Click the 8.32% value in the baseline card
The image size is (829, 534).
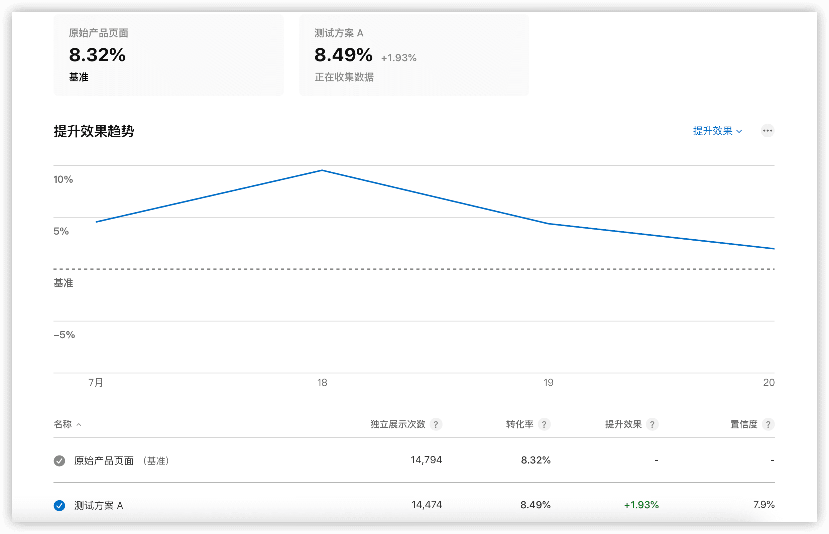[97, 55]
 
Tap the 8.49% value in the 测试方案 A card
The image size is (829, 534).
[343, 55]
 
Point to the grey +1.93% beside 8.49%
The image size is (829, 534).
[398, 57]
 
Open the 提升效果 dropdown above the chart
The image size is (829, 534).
[717, 131]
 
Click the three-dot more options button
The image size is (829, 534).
[767, 131]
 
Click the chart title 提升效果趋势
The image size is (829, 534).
[94, 131]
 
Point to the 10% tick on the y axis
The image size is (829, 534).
[63, 179]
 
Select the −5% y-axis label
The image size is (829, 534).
[64, 335]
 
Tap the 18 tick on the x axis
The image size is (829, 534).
[322, 383]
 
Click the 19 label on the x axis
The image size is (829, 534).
[548, 383]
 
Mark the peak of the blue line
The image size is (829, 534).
[322, 170]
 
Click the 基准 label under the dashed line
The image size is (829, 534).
[63, 283]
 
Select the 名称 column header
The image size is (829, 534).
[63, 424]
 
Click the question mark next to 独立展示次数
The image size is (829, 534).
[436, 424]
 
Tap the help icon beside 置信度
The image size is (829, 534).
[768, 424]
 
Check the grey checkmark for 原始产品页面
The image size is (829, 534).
[59, 460]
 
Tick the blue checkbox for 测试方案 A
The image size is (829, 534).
[59, 506]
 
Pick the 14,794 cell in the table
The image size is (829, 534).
[426, 460]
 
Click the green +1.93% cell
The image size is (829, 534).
[641, 505]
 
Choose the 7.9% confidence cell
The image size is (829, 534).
[764, 505]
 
